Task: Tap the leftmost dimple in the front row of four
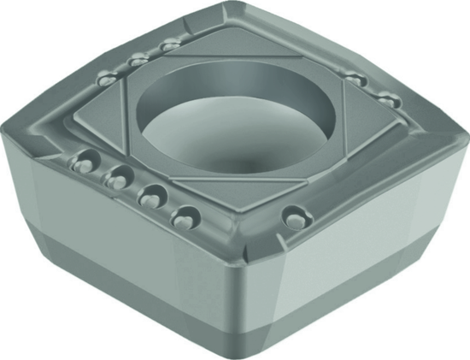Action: [x=84, y=161]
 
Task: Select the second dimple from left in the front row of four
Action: [x=118, y=177]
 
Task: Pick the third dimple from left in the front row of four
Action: [x=150, y=194]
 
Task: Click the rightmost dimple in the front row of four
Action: [x=182, y=217]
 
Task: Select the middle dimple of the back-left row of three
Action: [x=136, y=60]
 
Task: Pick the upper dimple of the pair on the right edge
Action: [x=356, y=79]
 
